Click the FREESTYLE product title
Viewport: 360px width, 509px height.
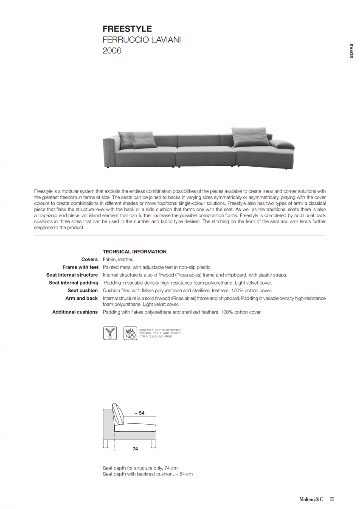(x=127, y=29)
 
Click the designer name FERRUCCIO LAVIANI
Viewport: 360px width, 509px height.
(x=142, y=40)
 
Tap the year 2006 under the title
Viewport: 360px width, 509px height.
(x=112, y=51)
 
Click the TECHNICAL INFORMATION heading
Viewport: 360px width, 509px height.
(x=135, y=252)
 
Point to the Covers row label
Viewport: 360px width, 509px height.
(x=90, y=259)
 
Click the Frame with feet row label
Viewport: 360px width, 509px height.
(x=80, y=267)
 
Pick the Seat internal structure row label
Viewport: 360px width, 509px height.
(x=72, y=275)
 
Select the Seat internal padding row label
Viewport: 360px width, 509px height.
(x=73, y=282)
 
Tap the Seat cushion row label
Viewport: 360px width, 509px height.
(x=83, y=291)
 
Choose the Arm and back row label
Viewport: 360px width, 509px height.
(x=82, y=298)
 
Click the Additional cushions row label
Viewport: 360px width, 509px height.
(x=75, y=312)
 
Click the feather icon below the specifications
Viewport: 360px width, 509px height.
(x=110, y=333)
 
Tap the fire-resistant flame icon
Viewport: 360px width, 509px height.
(x=130, y=333)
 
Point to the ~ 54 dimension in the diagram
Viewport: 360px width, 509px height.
(x=139, y=413)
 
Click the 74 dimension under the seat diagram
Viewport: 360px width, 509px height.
(x=135, y=449)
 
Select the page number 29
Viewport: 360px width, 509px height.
(x=332, y=499)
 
